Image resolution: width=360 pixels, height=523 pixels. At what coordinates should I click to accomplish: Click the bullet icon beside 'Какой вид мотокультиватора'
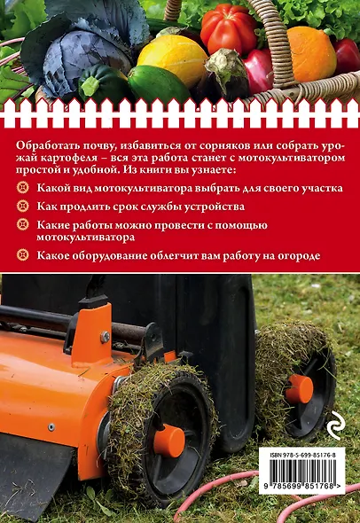(24, 190)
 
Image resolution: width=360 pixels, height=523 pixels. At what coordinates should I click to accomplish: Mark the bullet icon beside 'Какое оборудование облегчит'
(24, 256)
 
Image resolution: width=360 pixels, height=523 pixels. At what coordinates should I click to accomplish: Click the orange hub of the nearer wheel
(168, 440)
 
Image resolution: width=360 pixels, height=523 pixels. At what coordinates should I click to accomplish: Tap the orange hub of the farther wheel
(299, 388)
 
